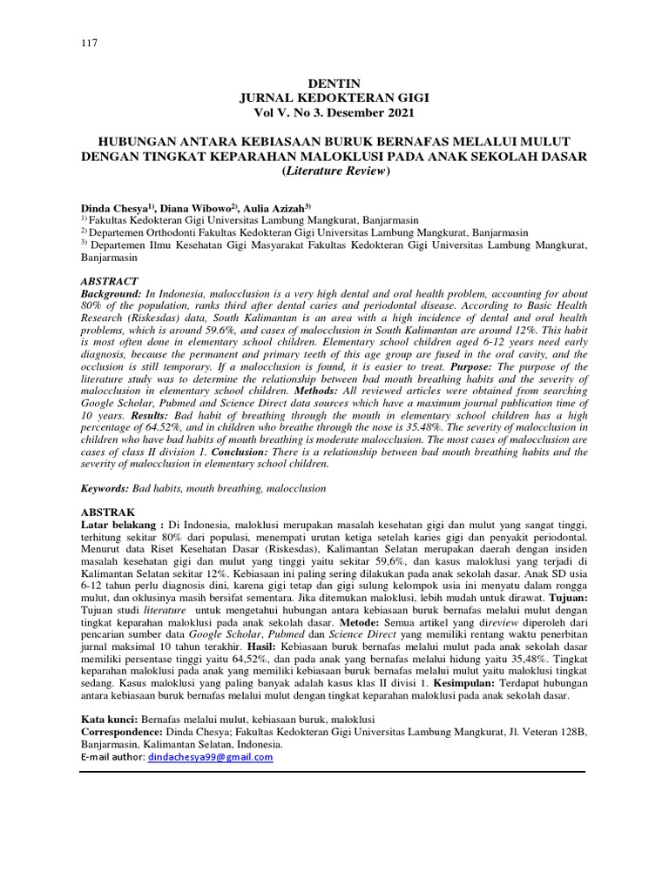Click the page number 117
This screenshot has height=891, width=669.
(x=88, y=44)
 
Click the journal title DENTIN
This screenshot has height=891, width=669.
(x=334, y=83)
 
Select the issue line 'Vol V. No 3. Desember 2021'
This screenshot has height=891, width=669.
(x=334, y=112)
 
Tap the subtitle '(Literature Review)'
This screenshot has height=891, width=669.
(x=334, y=171)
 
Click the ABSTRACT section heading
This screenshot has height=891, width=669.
(x=109, y=282)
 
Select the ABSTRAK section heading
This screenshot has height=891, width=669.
(x=108, y=512)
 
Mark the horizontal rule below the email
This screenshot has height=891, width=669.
(x=334, y=771)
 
